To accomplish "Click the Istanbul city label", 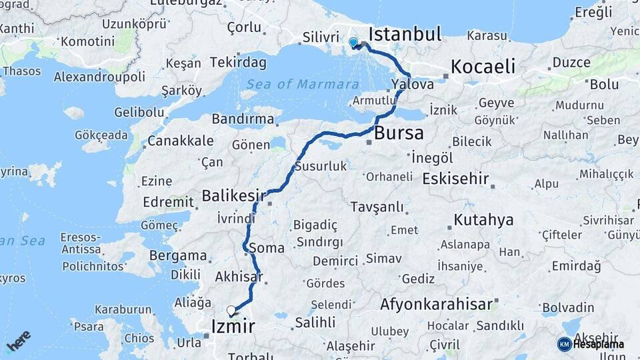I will (x=405, y=35).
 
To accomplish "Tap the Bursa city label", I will (x=399, y=133).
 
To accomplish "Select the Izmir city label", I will (x=233, y=326).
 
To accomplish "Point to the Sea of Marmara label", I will (x=303, y=84).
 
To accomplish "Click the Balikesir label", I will (x=234, y=196).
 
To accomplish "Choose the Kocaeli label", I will (x=483, y=67).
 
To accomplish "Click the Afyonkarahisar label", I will (x=437, y=305).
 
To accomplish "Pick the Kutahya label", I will (x=484, y=219).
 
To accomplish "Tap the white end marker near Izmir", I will (x=231, y=310).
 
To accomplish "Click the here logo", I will (x=19, y=340).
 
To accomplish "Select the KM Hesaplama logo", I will (x=591, y=344).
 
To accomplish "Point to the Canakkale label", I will (x=181, y=141).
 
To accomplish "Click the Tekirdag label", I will (x=238, y=63).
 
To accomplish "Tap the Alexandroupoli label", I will (x=99, y=77).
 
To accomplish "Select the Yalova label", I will (x=413, y=85).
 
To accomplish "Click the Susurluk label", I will (x=321, y=166).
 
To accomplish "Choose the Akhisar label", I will (x=239, y=276).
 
